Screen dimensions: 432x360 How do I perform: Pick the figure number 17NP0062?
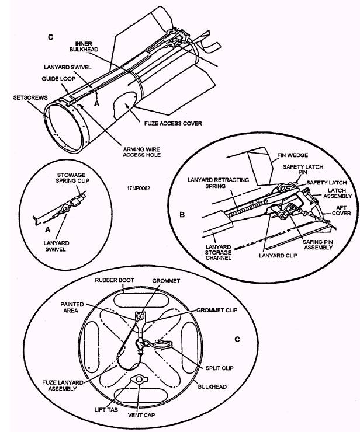[139, 188]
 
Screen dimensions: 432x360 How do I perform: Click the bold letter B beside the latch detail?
[182, 214]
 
